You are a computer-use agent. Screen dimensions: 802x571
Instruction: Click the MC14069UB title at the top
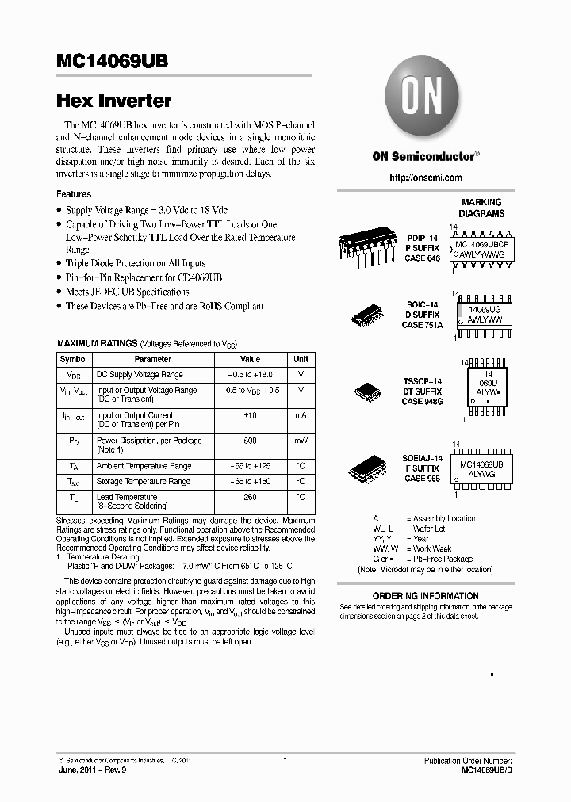[x=112, y=63]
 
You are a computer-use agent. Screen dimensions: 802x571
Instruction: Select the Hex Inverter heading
[x=113, y=101]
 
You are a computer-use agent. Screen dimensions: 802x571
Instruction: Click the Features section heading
[x=73, y=194]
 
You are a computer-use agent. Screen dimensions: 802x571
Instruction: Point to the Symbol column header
[x=73, y=359]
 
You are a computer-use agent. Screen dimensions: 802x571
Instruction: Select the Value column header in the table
[x=250, y=359]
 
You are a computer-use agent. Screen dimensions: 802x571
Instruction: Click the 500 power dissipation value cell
[x=250, y=441]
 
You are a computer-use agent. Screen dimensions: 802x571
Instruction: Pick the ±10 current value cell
[x=250, y=415]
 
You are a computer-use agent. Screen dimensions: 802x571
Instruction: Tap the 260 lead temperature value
[x=250, y=497]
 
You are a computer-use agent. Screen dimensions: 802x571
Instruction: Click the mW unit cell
[x=301, y=441]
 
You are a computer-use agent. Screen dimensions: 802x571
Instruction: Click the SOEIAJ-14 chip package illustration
[x=370, y=469]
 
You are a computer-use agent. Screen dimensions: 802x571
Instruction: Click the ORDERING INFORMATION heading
[x=425, y=596]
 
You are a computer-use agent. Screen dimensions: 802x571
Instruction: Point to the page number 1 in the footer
[x=284, y=762]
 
